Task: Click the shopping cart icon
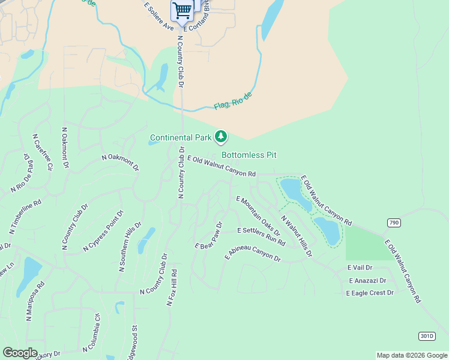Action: point(182,10)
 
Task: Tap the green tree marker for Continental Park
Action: point(221,137)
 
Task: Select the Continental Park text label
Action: point(181,138)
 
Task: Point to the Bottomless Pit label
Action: point(249,155)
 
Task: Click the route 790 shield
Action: point(393,223)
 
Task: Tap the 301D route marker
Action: point(426,335)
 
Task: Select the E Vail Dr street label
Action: point(360,268)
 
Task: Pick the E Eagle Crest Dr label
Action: point(370,293)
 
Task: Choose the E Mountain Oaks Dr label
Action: point(258,215)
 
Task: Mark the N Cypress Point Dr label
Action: point(104,230)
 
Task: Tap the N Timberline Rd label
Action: point(25,216)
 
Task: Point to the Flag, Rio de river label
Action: point(234,101)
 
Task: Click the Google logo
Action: point(20,353)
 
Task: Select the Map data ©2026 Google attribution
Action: point(411,355)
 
